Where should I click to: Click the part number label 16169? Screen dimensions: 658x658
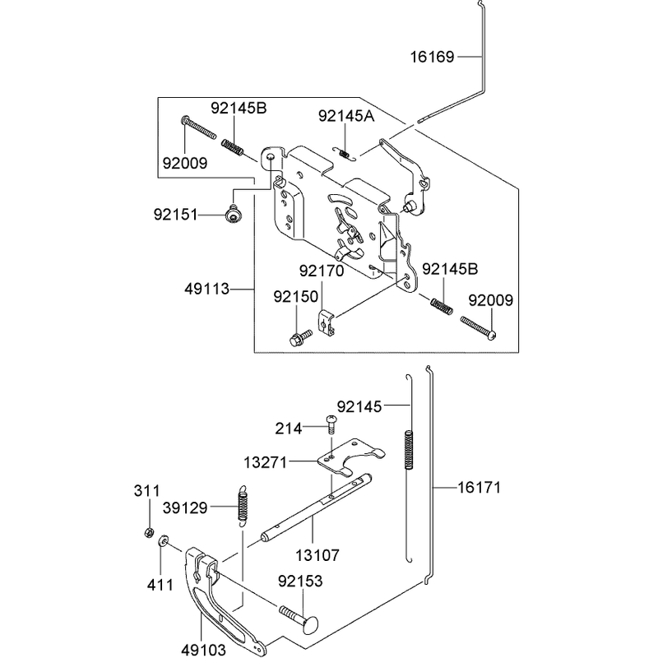[x=432, y=57]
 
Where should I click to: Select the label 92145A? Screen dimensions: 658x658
[x=346, y=116]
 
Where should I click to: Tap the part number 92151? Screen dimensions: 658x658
[x=175, y=215]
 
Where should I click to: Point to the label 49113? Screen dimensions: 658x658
[x=207, y=290]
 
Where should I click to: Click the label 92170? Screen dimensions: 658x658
[x=322, y=271]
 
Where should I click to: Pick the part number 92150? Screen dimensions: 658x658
[x=296, y=297]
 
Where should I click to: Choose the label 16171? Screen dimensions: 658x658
[x=479, y=488]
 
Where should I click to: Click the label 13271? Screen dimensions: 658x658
[x=266, y=463]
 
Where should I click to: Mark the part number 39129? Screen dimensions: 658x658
[x=185, y=508]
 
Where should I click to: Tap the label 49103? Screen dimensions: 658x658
[x=203, y=650]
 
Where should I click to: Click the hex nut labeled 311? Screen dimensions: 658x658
[x=148, y=533]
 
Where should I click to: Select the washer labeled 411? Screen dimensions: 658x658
[x=163, y=540]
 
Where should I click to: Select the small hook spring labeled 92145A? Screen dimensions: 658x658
[x=345, y=154]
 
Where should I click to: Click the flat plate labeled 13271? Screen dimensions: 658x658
[x=351, y=458]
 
